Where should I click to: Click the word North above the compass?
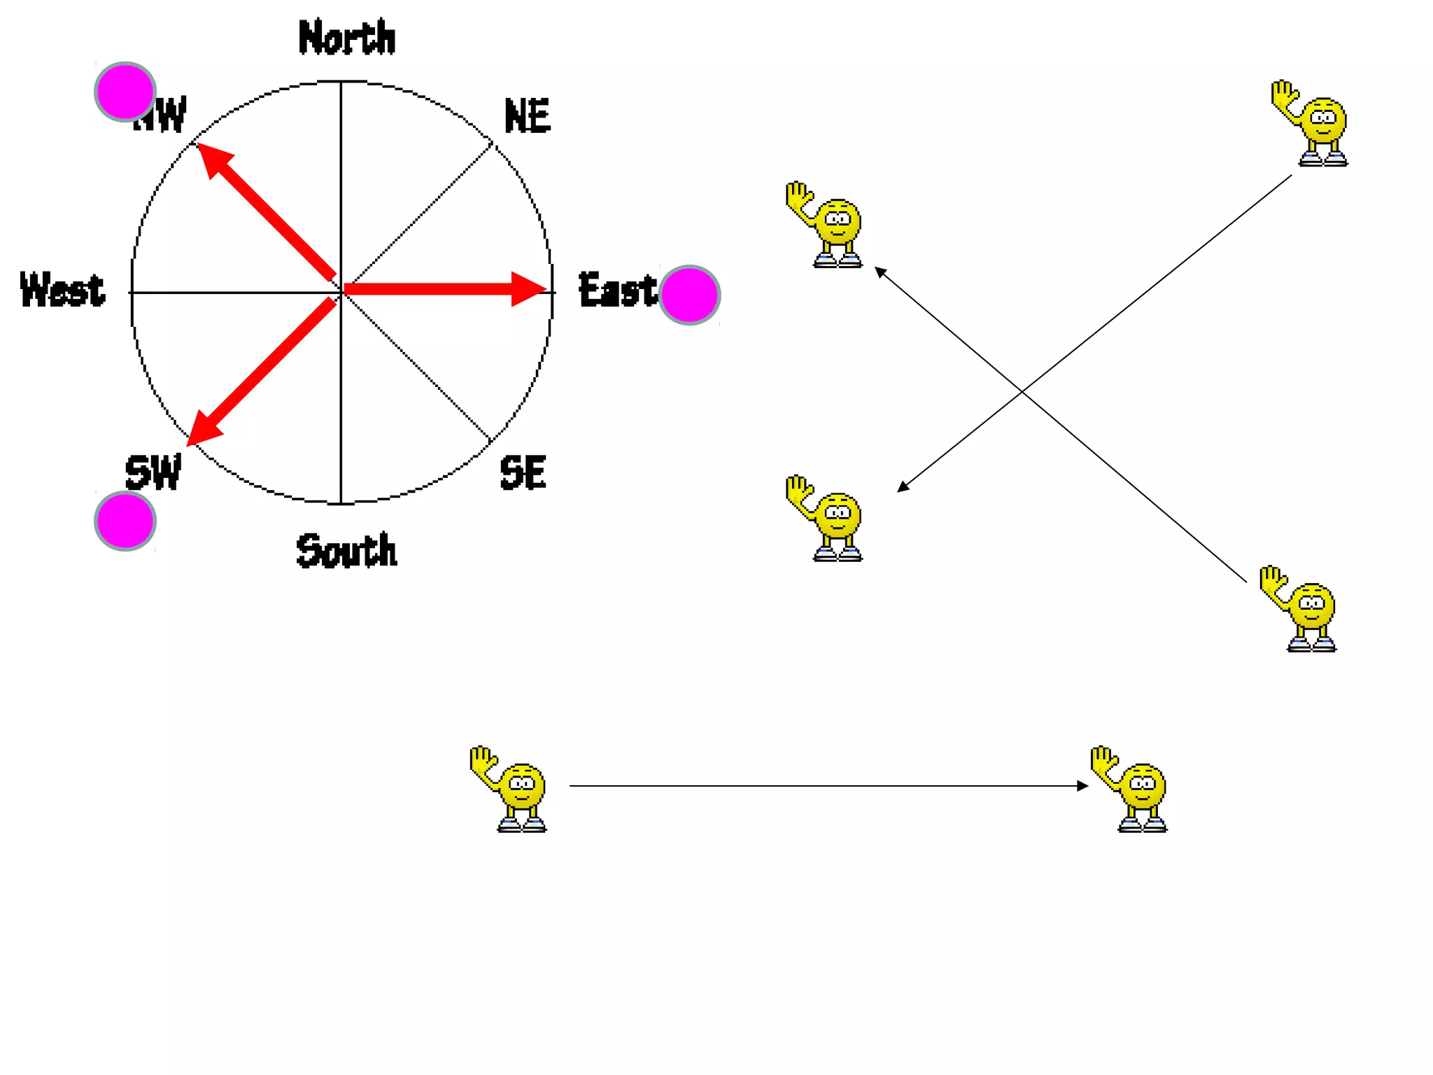coord(346,38)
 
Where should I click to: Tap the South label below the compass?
coord(346,550)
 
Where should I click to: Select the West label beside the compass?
coord(62,290)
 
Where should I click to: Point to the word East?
coord(617,290)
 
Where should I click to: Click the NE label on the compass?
coord(528,116)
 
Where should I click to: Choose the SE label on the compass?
coord(523,472)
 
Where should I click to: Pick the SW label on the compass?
coord(153,472)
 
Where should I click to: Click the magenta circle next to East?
coord(689,295)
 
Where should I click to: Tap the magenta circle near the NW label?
coord(125,92)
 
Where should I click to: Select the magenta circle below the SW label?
coord(125,521)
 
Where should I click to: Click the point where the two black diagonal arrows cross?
coord(1022,391)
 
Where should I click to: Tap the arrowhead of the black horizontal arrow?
coord(1085,786)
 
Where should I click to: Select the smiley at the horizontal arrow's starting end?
coord(510,789)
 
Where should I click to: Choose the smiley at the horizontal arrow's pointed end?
coord(1131,789)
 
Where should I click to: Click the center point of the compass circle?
coord(341,292)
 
